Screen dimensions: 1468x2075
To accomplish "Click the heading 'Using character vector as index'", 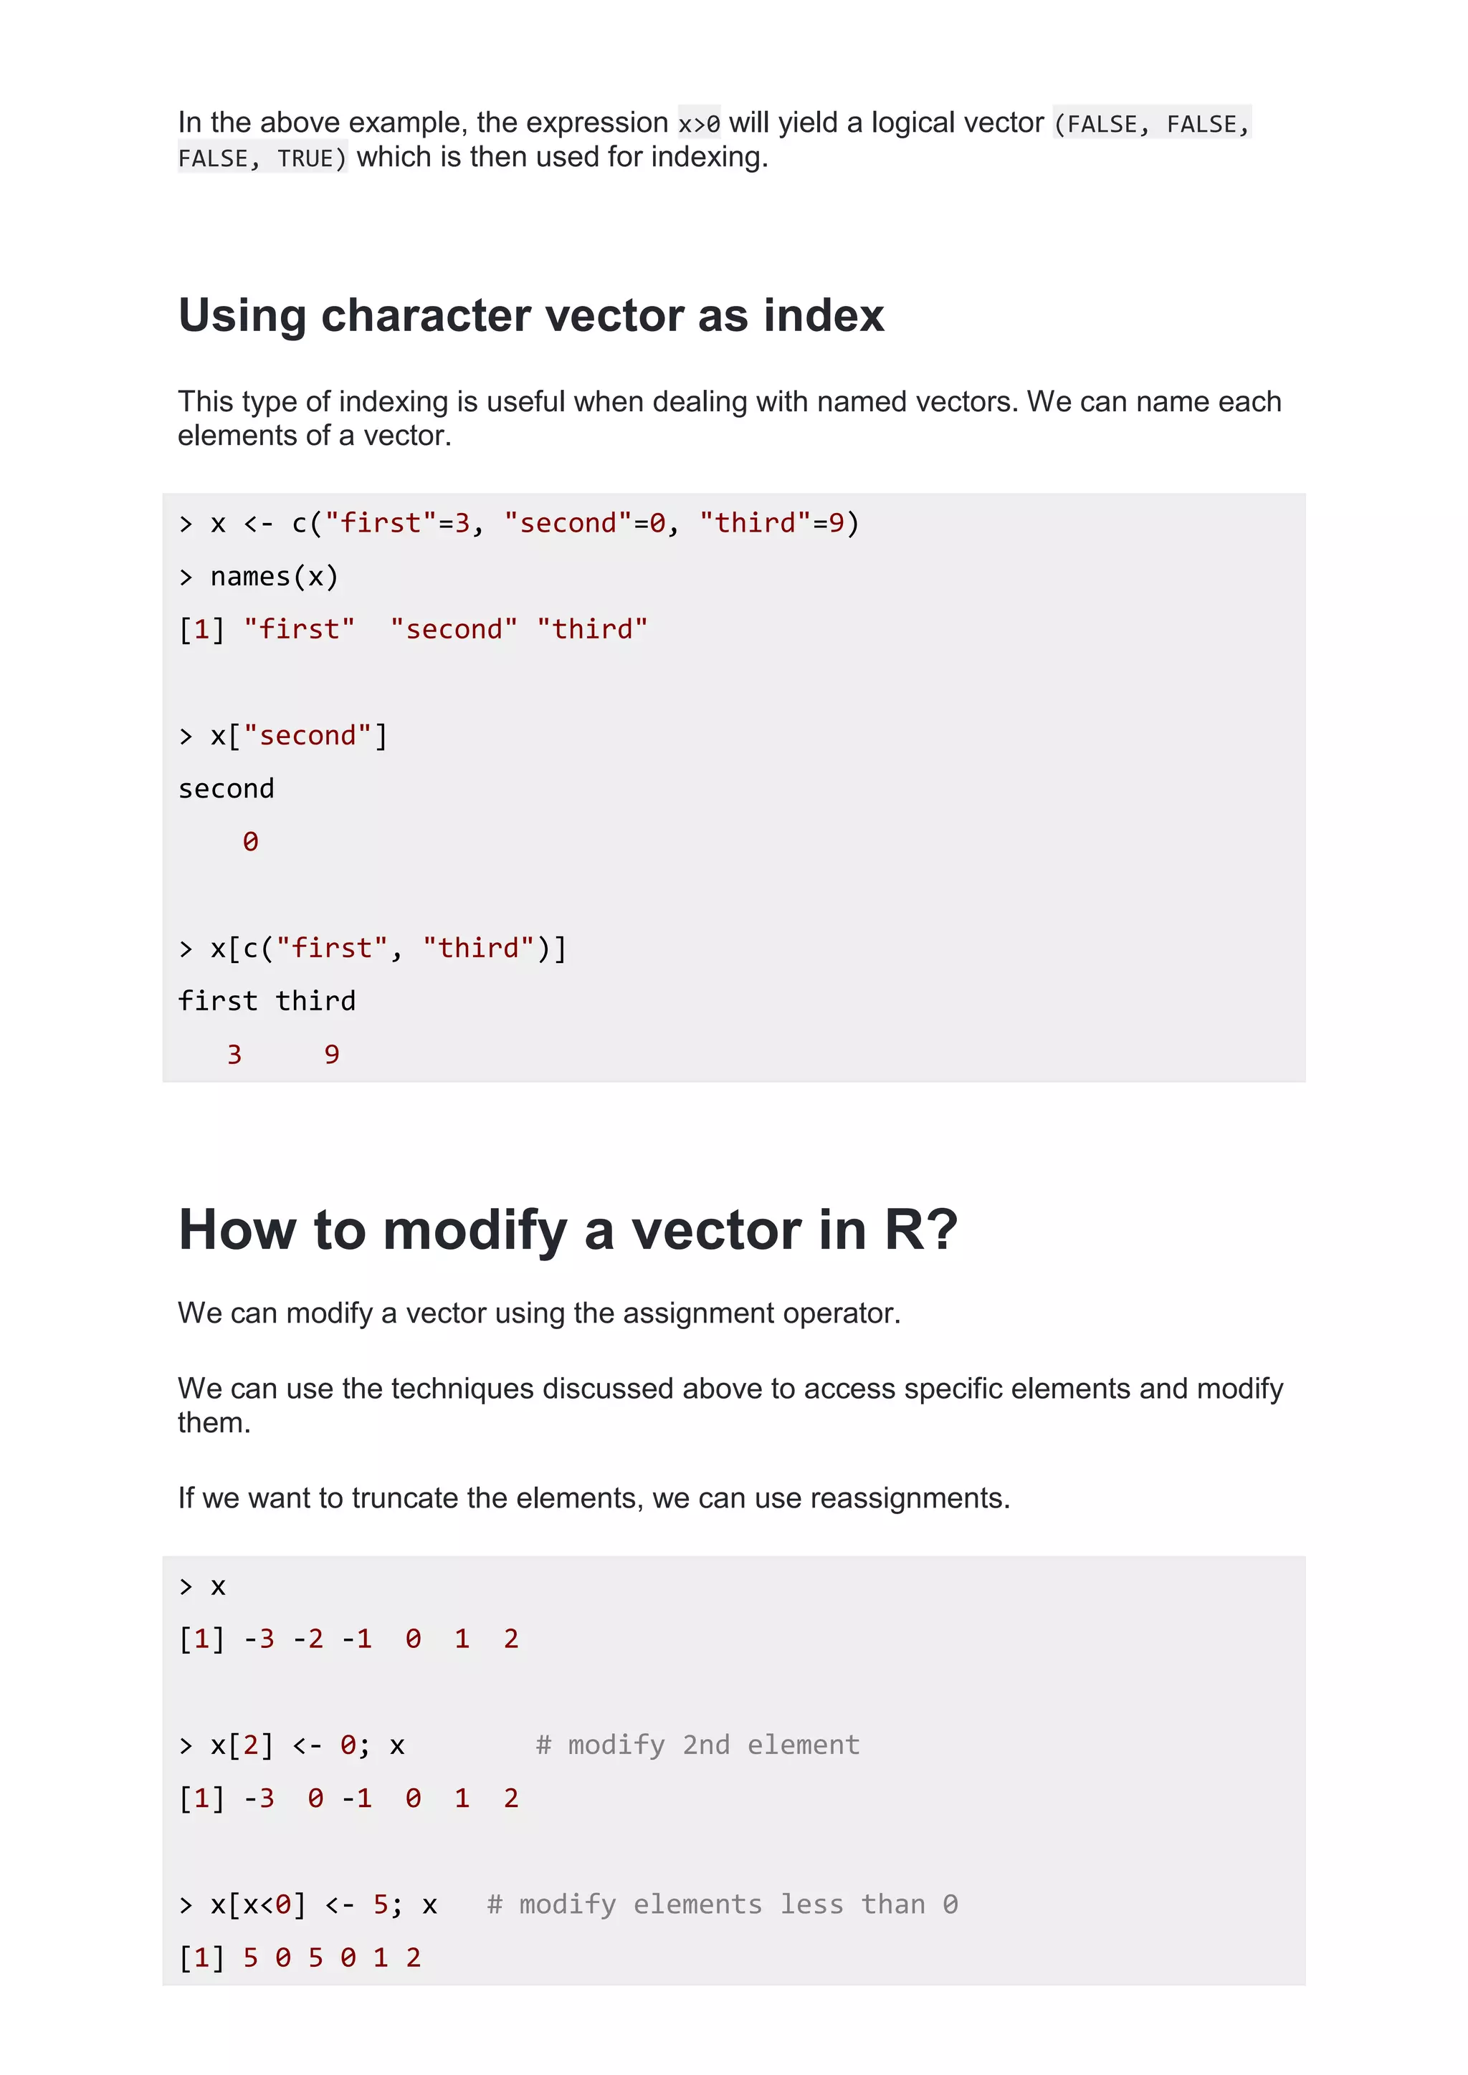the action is (x=530, y=315).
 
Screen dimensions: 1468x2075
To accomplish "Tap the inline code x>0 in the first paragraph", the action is (x=699, y=124).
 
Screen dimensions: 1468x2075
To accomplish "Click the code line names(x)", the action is (x=273, y=577).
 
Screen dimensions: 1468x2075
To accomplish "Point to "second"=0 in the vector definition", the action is (x=585, y=523).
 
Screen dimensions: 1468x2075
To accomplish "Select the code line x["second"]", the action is (x=298, y=736).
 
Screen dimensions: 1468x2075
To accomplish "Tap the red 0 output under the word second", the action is (x=250, y=843).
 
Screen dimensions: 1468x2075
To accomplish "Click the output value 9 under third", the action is (x=332, y=1055).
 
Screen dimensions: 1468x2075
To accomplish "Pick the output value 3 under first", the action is (x=234, y=1055).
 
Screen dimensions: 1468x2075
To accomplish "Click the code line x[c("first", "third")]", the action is (x=388, y=948).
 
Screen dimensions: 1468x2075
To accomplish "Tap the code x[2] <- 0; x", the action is (x=308, y=1745).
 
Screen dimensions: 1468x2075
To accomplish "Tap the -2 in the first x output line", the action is (x=308, y=1639).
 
